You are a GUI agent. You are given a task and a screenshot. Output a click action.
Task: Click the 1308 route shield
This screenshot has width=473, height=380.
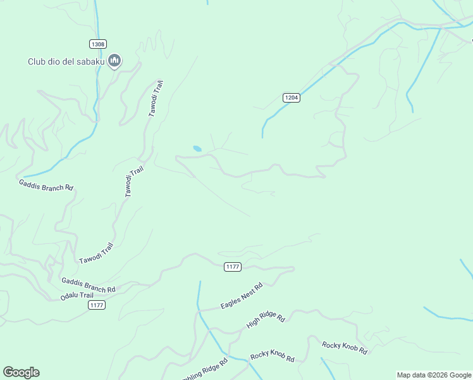click(x=97, y=44)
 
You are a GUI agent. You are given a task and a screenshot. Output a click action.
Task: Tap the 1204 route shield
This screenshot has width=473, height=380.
click(x=291, y=98)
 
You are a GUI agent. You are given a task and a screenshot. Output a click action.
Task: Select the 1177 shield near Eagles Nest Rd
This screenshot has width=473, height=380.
click(x=232, y=267)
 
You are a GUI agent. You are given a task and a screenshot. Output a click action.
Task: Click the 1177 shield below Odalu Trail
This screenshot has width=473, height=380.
click(x=96, y=305)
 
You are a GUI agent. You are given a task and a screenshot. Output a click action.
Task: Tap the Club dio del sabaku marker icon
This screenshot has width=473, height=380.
click(x=114, y=61)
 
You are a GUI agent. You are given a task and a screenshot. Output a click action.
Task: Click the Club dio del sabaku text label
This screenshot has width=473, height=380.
click(x=66, y=62)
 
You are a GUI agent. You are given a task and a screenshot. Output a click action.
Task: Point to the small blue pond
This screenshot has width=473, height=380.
click(x=197, y=149)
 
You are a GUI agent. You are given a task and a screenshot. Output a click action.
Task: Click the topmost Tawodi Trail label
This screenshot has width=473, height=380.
click(x=156, y=98)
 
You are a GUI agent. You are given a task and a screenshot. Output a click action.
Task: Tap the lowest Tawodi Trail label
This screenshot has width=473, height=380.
click(x=96, y=254)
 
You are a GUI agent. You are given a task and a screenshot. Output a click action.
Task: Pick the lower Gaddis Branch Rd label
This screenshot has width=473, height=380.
click(x=88, y=285)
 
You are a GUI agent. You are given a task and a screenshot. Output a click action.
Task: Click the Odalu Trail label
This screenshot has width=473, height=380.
click(x=77, y=296)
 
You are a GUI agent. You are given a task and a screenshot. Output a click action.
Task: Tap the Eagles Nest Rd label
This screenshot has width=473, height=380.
click(x=241, y=296)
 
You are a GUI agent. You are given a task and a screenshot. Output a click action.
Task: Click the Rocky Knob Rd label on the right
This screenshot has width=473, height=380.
click(x=344, y=347)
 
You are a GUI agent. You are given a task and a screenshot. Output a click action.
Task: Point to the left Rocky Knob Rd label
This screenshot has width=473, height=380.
click(x=273, y=357)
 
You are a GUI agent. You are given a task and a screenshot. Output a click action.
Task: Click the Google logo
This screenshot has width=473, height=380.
click(x=21, y=372)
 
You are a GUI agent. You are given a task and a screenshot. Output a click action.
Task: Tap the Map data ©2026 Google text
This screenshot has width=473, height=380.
click(x=434, y=375)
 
